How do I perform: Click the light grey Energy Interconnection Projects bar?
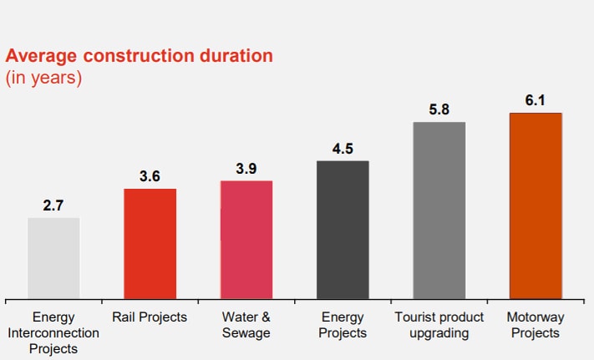click(53, 257)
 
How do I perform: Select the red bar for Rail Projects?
click(150, 243)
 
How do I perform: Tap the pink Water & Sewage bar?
click(246, 239)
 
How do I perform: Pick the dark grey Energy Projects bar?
click(343, 229)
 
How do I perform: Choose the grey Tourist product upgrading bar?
click(439, 210)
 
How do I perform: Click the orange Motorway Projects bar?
click(536, 205)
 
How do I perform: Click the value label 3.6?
click(150, 176)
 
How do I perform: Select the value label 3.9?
click(246, 168)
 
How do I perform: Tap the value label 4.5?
click(343, 149)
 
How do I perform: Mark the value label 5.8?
click(439, 109)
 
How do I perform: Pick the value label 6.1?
click(536, 99)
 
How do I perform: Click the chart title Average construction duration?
click(140, 57)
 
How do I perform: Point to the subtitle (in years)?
click(43, 79)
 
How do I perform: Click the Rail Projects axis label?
click(150, 317)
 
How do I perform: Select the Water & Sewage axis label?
click(246, 325)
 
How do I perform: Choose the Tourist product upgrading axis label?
click(439, 325)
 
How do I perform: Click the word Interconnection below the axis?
click(53, 333)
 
